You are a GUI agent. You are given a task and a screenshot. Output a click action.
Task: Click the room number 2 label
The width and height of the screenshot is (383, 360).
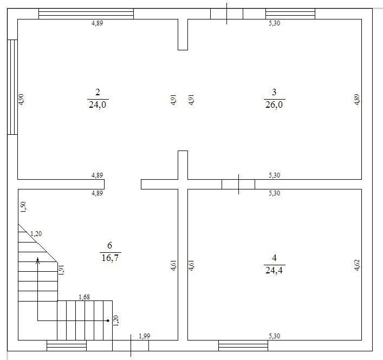click(98, 92)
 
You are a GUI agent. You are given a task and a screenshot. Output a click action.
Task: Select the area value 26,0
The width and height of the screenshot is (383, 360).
click(274, 104)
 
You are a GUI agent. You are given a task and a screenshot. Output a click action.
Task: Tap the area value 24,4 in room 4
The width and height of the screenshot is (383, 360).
click(274, 270)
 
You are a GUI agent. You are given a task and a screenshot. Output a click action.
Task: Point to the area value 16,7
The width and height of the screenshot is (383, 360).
click(110, 258)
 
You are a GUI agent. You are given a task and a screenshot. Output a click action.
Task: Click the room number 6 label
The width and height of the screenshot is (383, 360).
click(109, 245)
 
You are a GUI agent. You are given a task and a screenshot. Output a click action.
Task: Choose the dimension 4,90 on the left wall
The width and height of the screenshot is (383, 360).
click(22, 99)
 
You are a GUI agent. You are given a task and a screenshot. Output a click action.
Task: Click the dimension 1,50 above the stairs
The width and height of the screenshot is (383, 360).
click(23, 207)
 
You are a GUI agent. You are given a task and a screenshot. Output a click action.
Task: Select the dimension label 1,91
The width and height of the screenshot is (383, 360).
click(61, 270)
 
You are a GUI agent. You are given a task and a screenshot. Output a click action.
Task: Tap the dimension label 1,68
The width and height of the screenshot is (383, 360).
click(85, 297)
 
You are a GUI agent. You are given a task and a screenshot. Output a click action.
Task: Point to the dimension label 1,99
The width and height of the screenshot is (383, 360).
click(144, 336)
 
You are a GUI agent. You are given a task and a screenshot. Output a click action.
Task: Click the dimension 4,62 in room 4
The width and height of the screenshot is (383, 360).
click(357, 265)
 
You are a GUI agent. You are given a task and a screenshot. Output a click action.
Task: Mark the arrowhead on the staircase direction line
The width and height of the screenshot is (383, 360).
click(37, 260)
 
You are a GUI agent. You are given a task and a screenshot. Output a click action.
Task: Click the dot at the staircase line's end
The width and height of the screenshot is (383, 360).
click(108, 320)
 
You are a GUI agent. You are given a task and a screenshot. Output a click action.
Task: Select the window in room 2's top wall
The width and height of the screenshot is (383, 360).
click(86, 14)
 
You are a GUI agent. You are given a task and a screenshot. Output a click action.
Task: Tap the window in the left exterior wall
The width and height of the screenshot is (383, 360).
click(12, 87)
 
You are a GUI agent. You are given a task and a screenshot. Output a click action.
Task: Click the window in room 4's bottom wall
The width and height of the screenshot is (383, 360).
click(243, 345)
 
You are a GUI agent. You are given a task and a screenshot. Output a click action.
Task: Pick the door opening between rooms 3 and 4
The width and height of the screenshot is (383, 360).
click(238, 184)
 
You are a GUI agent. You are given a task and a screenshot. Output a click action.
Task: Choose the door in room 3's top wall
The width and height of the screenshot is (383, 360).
click(226, 14)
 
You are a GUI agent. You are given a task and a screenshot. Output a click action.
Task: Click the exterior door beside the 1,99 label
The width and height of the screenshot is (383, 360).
click(131, 345)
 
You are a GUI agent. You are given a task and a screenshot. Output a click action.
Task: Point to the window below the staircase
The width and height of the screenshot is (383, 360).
click(67, 345)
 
